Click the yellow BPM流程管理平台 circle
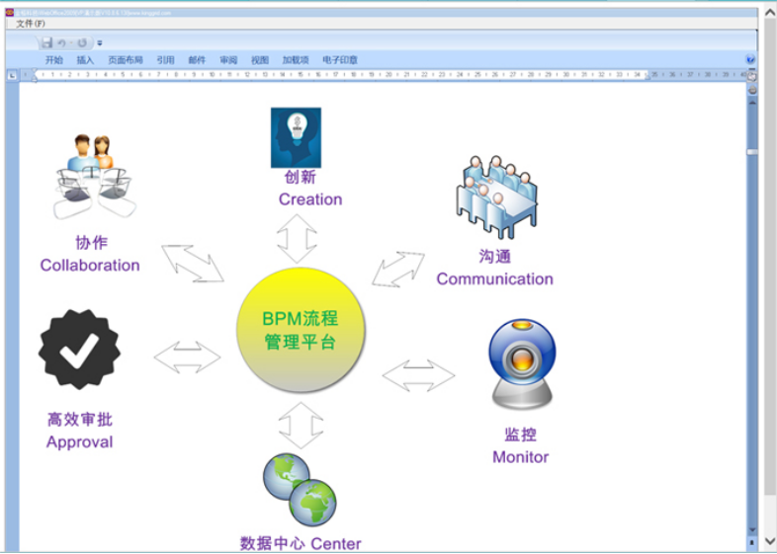(x=301, y=330)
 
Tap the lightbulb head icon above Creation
(x=297, y=137)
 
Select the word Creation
(x=309, y=199)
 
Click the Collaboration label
(x=90, y=265)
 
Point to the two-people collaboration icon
(x=91, y=174)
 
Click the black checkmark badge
(x=79, y=349)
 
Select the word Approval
(x=79, y=441)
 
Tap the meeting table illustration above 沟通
(x=495, y=197)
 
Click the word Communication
(x=494, y=278)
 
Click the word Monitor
(x=520, y=456)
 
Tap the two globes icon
(x=300, y=491)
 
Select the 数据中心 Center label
(x=301, y=543)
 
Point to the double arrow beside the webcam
(x=418, y=375)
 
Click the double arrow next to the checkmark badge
(x=187, y=356)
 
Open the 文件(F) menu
(x=31, y=23)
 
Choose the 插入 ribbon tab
(x=85, y=60)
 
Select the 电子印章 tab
(x=340, y=60)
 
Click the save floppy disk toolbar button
(x=46, y=43)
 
